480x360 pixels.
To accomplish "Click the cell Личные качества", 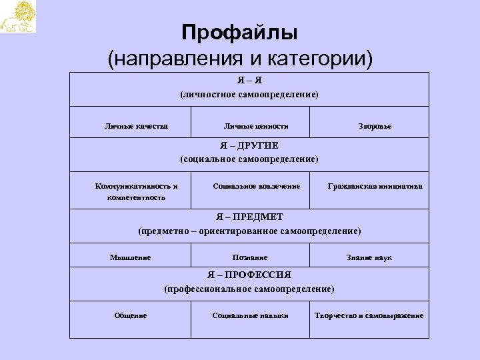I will pos(137,125).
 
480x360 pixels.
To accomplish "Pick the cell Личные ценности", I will pos(256,125).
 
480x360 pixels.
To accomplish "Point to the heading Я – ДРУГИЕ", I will pos(249,145).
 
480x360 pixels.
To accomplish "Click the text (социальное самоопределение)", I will pos(249,159).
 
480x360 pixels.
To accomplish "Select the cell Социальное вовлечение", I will pos(256,186).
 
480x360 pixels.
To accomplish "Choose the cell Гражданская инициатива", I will pos(375,186).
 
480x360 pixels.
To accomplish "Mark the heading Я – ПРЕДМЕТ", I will pos(249,217).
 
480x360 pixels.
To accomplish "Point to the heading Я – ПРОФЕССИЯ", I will pos(249,275).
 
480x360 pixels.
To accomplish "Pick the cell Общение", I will pos(130,315).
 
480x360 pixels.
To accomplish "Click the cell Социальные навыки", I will pos(250,315).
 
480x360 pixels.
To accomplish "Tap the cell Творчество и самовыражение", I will pos(369,315).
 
